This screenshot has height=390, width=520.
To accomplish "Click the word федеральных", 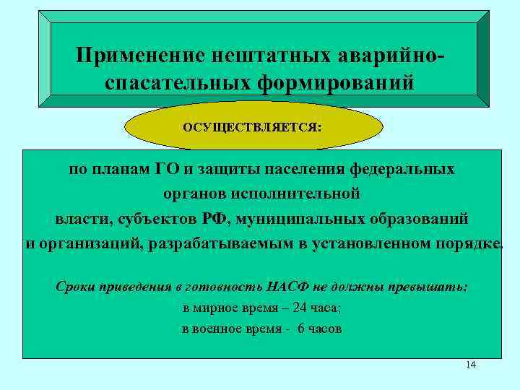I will [x=403, y=170].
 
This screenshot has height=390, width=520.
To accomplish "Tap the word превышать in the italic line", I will [x=432, y=286].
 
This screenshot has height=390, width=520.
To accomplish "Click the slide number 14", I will [x=471, y=365].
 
